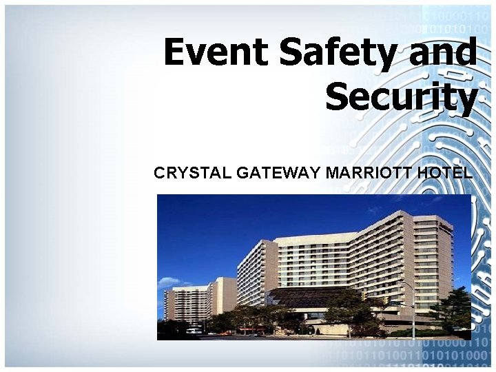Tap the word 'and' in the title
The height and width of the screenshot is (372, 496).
[442, 53]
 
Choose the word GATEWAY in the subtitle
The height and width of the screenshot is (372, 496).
[278, 172]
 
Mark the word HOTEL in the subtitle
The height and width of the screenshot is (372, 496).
[445, 172]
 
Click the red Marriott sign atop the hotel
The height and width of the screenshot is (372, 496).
[446, 225]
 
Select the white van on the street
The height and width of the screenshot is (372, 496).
[194, 331]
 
